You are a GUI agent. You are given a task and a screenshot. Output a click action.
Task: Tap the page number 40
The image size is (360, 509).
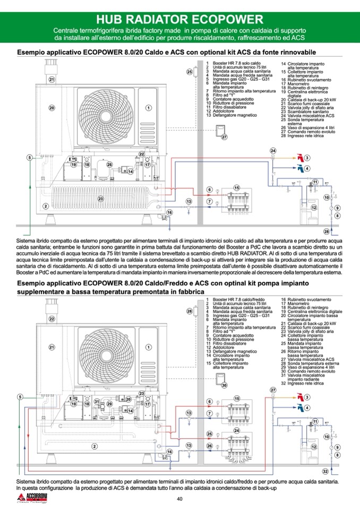(x=179, y=498)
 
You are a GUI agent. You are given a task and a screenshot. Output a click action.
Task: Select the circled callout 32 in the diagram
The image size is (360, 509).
(x=325, y=471)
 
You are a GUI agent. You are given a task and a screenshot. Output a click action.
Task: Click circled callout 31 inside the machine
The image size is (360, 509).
(x=97, y=402)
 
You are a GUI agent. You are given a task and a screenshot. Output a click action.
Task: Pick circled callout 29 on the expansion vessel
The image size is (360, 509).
(x=109, y=404)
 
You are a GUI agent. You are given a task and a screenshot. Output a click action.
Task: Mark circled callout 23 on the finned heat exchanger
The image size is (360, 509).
(x=100, y=199)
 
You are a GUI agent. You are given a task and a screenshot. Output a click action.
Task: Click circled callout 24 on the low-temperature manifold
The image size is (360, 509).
(x=237, y=430)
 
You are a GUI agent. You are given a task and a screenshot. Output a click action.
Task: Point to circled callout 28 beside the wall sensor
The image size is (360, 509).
(x=188, y=311)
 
